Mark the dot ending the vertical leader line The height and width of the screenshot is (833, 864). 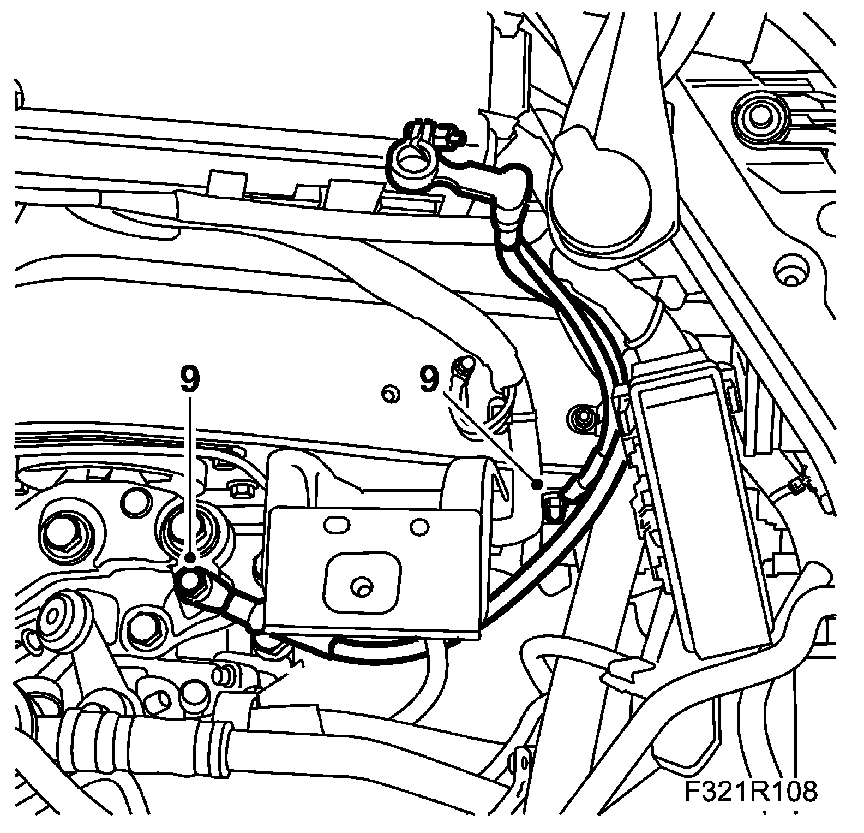click(x=189, y=557)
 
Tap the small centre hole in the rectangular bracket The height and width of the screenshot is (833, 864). click(x=359, y=587)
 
